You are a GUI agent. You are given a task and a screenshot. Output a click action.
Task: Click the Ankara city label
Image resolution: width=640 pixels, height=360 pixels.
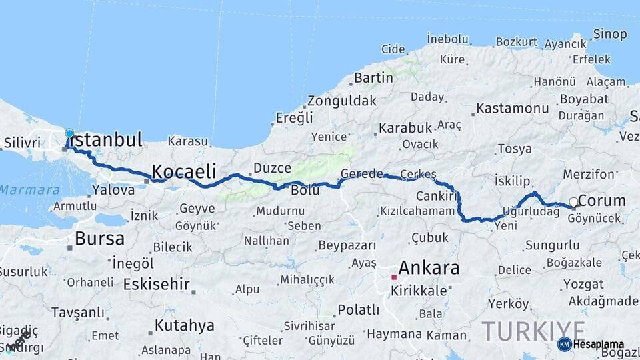pyautogui.click(x=429, y=268)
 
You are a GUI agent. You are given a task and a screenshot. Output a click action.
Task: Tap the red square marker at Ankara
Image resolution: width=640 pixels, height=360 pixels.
pyautogui.click(x=394, y=277)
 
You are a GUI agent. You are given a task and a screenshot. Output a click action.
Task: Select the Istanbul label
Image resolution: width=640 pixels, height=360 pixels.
pyautogui.click(x=107, y=141)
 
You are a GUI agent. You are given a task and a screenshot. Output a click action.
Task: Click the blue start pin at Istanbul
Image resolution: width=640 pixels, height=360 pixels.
pyautogui.click(x=69, y=133)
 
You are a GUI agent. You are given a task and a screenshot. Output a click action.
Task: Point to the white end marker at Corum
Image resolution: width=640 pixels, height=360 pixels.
pyautogui.click(x=573, y=201)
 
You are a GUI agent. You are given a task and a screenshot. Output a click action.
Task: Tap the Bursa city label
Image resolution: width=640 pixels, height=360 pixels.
pyautogui.click(x=99, y=238)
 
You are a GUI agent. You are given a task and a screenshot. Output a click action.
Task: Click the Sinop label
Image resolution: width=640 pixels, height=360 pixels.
pyautogui.click(x=609, y=34)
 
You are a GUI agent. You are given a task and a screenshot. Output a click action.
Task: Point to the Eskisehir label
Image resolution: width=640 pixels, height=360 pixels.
pyautogui.click(x=157, y=284)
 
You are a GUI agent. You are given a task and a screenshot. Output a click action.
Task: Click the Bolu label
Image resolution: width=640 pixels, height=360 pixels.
pyautogui.click(x=305, y=191)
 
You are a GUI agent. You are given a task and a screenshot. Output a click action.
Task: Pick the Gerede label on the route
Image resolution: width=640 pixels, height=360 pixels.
pyautogui.click(x=362, y=174)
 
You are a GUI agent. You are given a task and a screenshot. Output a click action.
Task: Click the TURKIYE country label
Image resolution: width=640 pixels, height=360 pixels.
pyautogui.click(x=533, y=331)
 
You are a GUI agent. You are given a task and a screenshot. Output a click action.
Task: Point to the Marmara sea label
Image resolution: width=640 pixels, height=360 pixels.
pyautogui.click(x=29, y=190)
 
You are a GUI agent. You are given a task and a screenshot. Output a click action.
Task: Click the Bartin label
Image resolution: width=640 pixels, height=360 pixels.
pyautogui.click(x=373, y=77)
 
